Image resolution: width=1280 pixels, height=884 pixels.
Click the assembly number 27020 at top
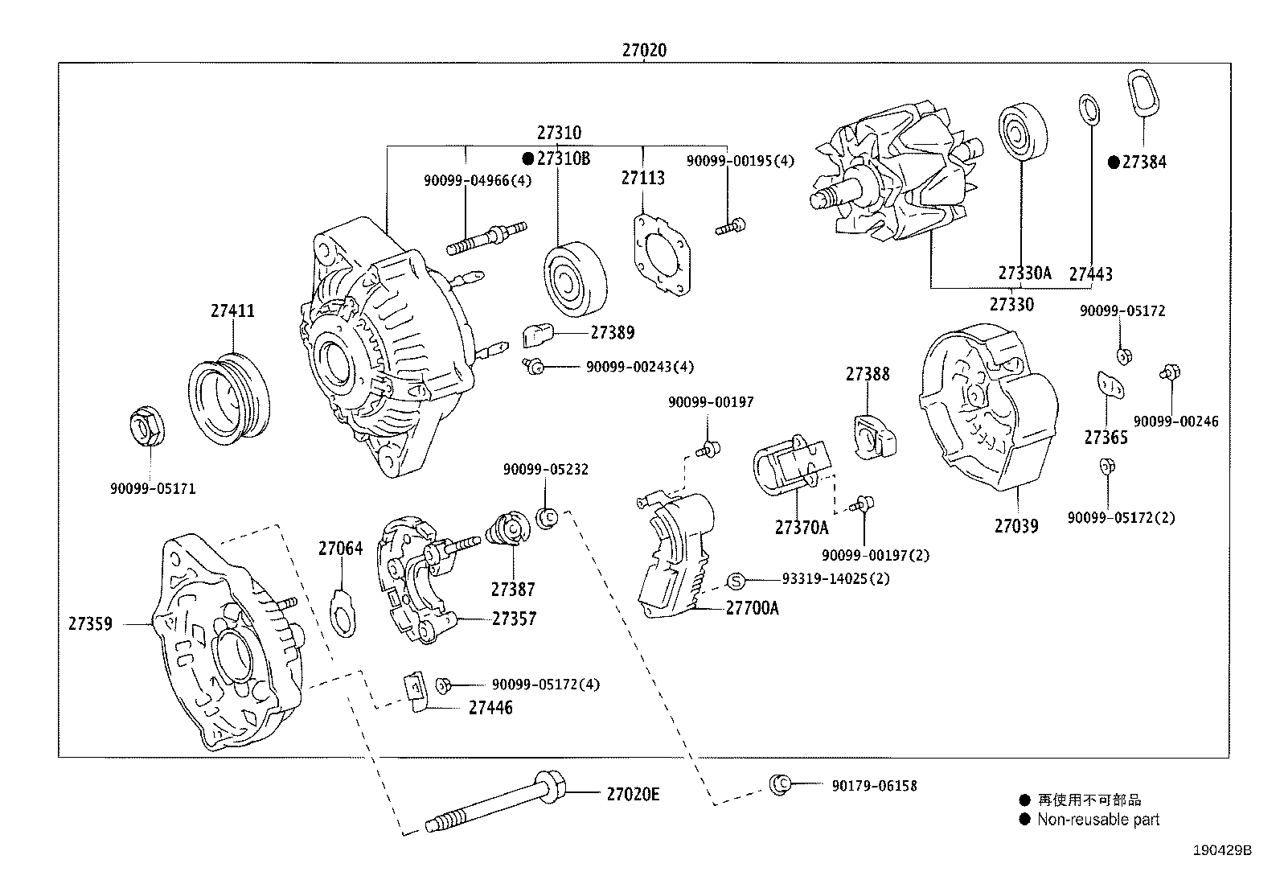[x=643, y=50]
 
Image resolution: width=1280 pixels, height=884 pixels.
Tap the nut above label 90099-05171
[x=149, y=426]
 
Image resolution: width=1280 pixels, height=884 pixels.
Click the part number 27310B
[x=563, y=158]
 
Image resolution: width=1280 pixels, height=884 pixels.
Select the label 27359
[x=90, y=623]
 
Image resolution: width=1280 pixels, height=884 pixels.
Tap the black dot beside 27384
[x=1114, y=162]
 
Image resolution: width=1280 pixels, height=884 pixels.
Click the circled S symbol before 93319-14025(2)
[x=737, y=579]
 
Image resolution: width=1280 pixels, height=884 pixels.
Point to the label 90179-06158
[x=874, y=786]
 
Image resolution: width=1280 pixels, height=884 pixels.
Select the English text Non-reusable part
[x=1097, y=820]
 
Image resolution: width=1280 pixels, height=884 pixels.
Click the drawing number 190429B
[x=1222, y=850]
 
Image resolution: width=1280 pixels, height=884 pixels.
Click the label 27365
[x=1106, y=438]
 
